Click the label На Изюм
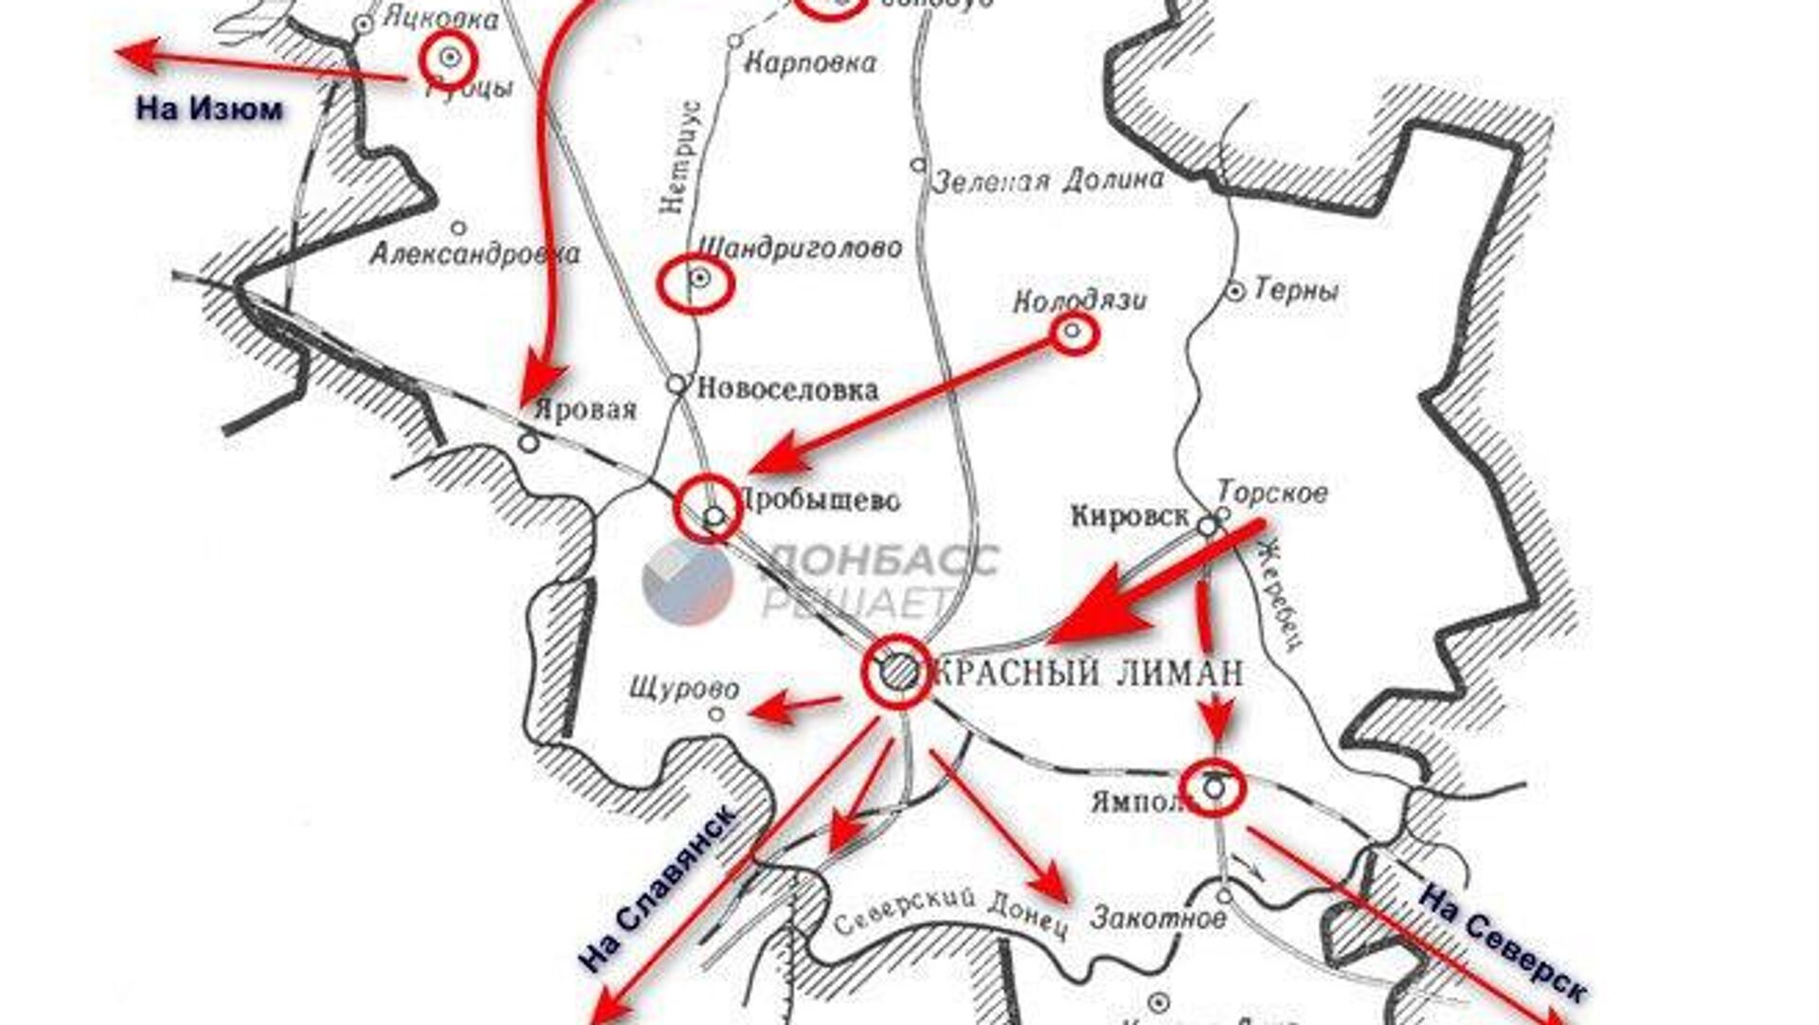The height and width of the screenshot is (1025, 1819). [209, 109]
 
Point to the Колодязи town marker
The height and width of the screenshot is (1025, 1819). [1072, 332]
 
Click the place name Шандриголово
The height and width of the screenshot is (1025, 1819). [800, 248]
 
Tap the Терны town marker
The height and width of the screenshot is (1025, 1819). [1235, 292]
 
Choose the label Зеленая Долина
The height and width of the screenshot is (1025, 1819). [1048, 180]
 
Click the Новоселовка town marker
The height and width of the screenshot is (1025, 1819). [676, 385]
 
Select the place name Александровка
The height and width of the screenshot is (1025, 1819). [475, 254]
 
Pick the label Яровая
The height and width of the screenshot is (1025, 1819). [585, 411]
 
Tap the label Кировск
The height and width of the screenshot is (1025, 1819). [1129, 516]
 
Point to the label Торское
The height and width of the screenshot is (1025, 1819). [1272, 493]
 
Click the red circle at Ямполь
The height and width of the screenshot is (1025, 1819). [1214, 786]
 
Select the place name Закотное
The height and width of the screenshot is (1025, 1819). [1158, 917]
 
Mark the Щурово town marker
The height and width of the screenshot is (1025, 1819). [717, 714]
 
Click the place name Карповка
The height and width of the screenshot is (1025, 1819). [810, 64]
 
